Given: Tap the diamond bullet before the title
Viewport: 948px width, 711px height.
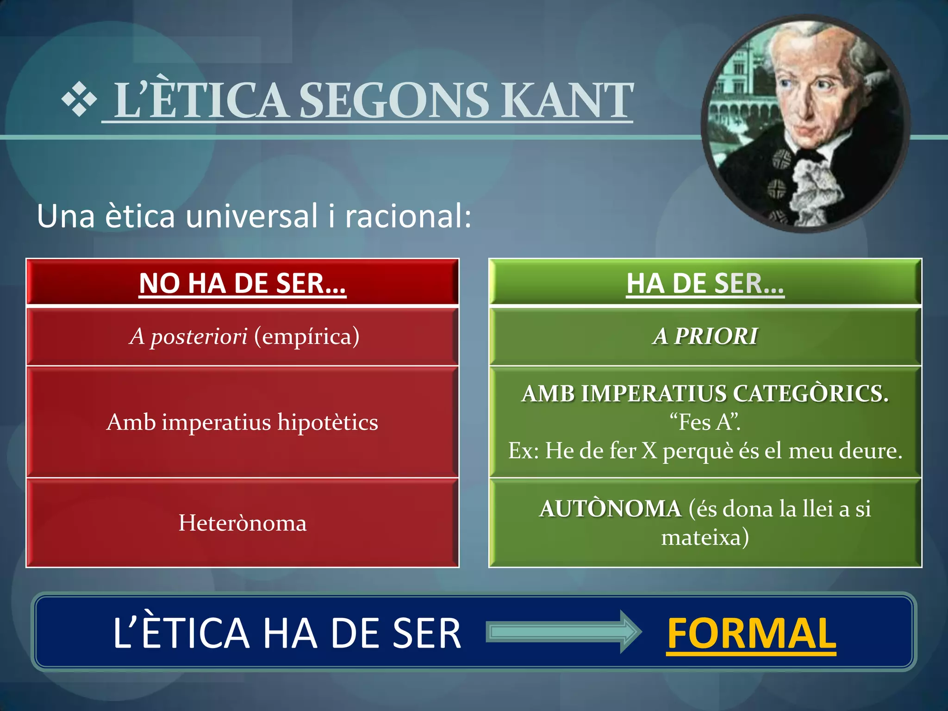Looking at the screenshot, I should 79,99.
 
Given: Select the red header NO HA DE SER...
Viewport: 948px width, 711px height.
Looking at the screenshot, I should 243,283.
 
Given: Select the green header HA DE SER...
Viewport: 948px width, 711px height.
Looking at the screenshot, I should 705,283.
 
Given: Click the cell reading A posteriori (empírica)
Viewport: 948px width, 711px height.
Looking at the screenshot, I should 244,336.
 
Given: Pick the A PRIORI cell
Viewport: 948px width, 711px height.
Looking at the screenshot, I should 705,336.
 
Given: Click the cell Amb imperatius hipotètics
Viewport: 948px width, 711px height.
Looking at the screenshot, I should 242,422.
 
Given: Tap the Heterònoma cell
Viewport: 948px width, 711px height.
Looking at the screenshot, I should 242,523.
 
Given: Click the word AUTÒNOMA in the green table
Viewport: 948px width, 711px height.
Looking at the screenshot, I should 610,509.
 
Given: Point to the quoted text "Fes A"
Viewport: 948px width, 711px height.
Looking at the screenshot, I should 705,422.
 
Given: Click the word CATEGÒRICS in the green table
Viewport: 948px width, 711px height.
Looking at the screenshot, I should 810,394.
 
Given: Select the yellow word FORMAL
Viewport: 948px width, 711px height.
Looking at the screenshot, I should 751,633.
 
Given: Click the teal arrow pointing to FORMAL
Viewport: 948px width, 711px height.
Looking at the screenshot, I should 563,632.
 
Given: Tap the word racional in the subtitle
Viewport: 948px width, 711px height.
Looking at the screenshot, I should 408,216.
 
